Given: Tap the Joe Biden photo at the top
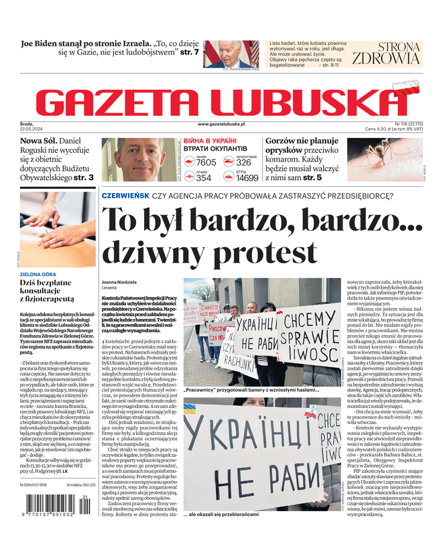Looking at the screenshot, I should coord(231,54).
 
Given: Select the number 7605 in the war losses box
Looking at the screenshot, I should coord(206,162).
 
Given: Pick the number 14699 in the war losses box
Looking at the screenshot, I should coord(247,178).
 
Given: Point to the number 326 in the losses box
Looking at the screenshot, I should coord(244,162).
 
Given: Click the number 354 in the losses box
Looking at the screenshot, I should coord(204,178).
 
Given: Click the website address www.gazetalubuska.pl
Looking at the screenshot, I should coord(221,125).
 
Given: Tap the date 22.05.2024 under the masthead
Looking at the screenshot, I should coord(32,129).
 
